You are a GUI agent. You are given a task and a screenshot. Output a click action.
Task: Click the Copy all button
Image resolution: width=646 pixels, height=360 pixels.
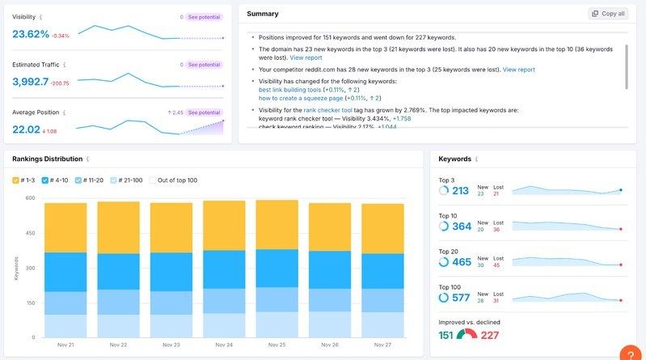(608, 14)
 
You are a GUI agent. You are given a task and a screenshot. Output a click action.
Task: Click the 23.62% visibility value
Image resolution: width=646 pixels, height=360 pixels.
(31, 34)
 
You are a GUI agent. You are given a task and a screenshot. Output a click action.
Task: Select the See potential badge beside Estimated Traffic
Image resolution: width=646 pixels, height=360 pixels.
(204, 64)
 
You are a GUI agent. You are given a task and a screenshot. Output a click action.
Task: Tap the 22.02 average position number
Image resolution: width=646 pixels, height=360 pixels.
(26, 129)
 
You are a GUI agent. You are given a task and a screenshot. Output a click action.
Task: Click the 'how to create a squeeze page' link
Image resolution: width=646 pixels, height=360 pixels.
(300, 98)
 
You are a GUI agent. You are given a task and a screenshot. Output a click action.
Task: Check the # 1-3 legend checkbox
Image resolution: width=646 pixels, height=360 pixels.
(16, 180)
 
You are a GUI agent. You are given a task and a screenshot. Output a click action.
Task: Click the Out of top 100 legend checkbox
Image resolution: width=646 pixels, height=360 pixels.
(153, 180)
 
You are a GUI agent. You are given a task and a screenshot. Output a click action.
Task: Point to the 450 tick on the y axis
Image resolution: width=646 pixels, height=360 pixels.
(30, 233)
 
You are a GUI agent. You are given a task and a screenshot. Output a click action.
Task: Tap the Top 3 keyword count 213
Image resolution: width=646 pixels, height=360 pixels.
(460, 191)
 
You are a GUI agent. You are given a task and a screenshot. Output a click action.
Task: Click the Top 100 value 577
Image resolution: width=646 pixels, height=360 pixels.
(460, 298)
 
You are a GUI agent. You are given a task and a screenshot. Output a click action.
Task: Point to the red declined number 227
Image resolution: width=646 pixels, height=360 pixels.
(490, 335)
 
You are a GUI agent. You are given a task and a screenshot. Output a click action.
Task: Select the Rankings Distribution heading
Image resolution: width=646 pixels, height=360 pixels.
(48, 159)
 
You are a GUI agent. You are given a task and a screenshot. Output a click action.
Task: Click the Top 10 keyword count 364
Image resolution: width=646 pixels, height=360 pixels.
(462, 227)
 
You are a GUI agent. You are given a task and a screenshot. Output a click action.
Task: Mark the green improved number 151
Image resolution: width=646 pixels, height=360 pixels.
(445, 335)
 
